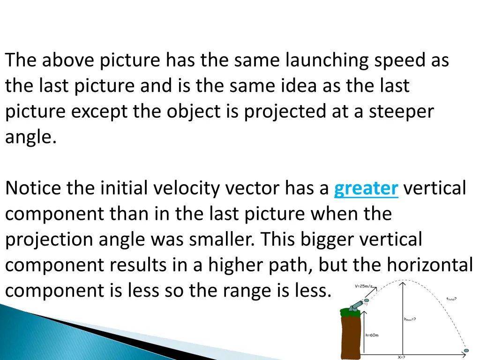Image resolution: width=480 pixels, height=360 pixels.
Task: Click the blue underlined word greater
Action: coord(366,188)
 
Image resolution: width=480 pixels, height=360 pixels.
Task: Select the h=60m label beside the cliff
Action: coord(372,335)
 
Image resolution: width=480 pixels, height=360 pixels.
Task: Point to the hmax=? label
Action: coord(410,319)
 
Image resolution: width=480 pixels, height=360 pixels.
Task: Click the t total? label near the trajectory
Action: coord(451,299)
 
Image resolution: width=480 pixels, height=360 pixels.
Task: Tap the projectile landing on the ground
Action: coord(466,350)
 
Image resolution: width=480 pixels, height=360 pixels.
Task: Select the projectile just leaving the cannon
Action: coord(367,300)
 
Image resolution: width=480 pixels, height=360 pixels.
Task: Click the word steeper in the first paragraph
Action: coord(400,112)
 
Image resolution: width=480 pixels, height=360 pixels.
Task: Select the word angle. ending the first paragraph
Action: coord(31,138)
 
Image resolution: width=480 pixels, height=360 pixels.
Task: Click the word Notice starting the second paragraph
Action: coord(33,188)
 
